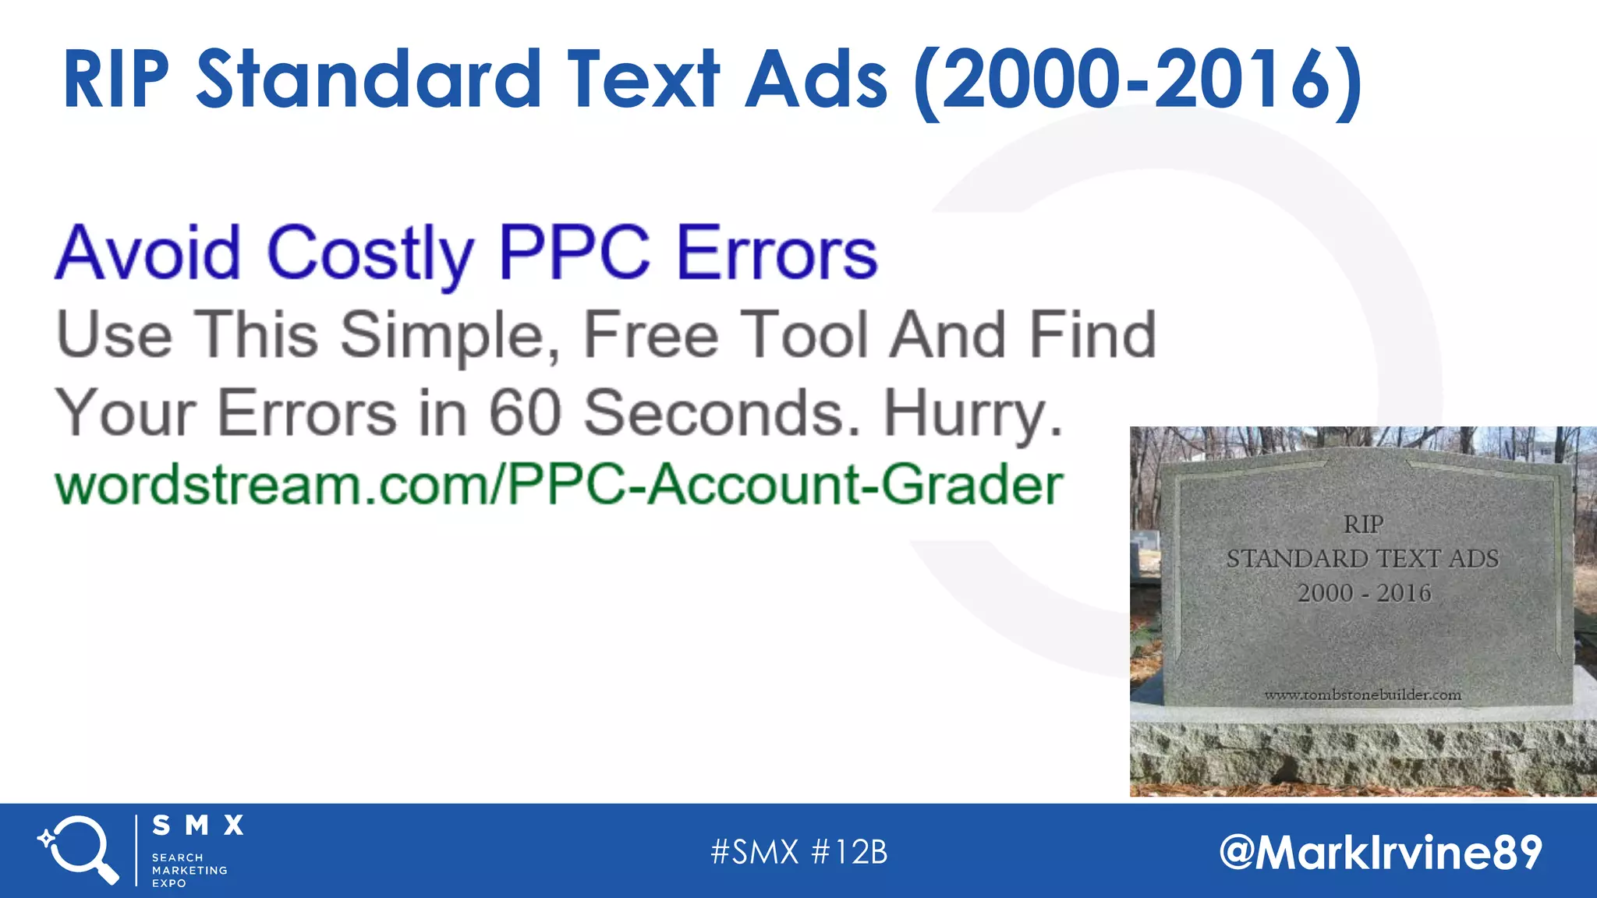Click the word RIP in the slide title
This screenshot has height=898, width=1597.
click(116, 80)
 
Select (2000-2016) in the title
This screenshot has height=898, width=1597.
click(1137, 81)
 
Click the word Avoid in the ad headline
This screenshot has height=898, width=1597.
click(148, 253)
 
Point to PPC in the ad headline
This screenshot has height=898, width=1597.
click(574, 253)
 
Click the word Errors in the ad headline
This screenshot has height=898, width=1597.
click(777, 253)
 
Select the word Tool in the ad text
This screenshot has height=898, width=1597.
click(804, 335)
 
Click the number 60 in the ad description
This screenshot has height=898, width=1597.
click(525, 413)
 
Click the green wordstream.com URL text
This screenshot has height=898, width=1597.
click(558, 485)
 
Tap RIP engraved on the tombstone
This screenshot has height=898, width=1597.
click(1363, 525)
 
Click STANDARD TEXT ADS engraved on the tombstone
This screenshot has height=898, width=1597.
click(1362, 559)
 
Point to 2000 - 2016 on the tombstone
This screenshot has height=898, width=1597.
click(1364, 593)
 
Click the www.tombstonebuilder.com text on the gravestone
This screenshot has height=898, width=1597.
click(1362, 695)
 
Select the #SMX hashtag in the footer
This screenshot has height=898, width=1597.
click(754, 852)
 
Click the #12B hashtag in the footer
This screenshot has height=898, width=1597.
click(849, 852)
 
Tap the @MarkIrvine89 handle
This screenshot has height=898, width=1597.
click(1380, 852)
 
